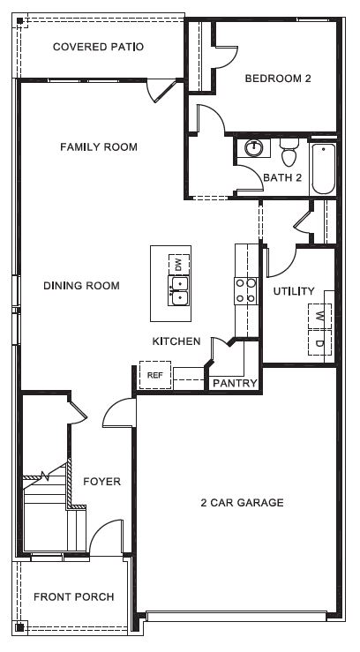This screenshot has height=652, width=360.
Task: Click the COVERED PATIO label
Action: point(98,47)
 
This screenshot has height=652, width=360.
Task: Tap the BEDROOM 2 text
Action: point(278,79)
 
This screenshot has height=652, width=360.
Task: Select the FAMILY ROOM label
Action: point(98,147)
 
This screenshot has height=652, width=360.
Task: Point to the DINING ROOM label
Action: point(81,286)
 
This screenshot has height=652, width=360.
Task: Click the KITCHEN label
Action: point(176,341)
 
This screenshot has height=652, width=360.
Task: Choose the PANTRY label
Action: point(234,384)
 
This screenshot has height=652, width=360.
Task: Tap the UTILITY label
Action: point(294,291)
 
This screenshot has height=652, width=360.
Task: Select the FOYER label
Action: point(101,482)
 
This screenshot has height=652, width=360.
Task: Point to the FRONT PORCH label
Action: point(73,597)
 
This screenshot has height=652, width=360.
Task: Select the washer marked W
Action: point(319,315)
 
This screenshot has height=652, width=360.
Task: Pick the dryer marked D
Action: point(319,342)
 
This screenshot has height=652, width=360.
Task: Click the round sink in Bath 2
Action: point(253,149)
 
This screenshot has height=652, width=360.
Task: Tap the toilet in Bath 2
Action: point(288,156)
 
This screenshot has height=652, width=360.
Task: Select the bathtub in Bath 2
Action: point(322,169)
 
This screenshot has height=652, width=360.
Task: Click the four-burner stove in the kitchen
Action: point(244,291)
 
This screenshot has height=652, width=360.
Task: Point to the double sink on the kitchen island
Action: point(179,290)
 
